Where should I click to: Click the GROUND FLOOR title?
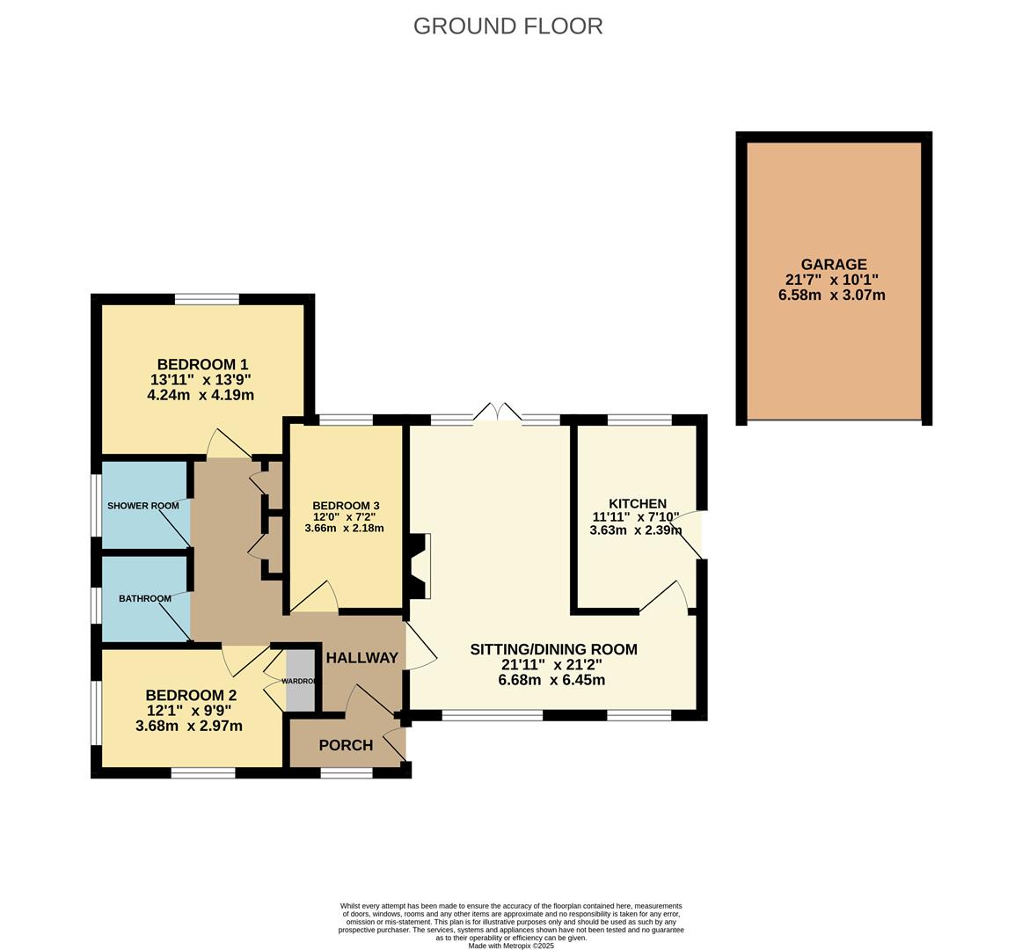click(507, 26)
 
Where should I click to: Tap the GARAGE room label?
click(833, 264)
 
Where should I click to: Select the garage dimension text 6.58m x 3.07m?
click(831, 296)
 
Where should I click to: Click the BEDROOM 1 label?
click(202, 364)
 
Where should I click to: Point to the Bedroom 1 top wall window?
click(207, 299)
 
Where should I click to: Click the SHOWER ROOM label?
click(142, 506)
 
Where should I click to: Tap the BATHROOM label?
click(145, 599)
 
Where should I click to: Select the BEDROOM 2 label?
click(191, 695)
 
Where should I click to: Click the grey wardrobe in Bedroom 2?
click(300, 681)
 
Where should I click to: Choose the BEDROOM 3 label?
click(346, 505)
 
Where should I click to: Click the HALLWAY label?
click(361, 658)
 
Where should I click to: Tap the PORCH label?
click(346, 746)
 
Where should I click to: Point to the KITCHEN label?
click(638, 504)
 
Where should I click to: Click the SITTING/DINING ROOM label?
click(553, 650)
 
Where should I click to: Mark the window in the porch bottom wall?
click(347, 773)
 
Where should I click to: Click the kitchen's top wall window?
click(639, 420)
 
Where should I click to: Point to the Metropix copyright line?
click(511, 946)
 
